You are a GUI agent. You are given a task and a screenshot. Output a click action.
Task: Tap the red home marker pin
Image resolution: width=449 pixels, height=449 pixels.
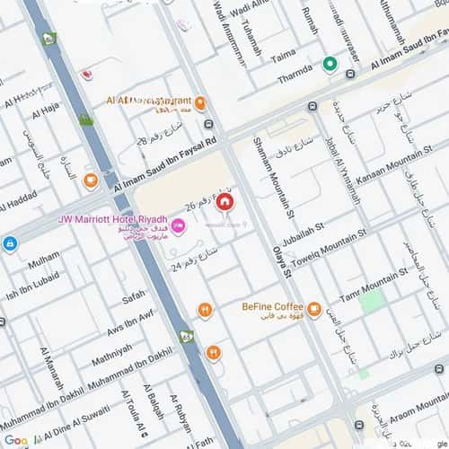pyautogui.click(x=224, y=201)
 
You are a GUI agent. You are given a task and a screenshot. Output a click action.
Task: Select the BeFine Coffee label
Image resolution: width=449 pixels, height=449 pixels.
pyautogui.click(x=272, y=306)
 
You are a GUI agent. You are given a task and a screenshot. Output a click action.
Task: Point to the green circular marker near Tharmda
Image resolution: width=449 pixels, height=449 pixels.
pyautogui.click(x=330, y=65)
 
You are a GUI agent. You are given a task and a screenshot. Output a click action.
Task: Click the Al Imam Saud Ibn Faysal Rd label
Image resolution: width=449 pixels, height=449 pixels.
pyautogui.click(x=165, y=164)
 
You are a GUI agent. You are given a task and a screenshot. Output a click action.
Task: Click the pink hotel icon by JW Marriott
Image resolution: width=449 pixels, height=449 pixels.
pyautogui.click(x=178, y=227)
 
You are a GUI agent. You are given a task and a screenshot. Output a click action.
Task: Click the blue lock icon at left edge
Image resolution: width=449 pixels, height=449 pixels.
pyautogui.click(x=10, y=243)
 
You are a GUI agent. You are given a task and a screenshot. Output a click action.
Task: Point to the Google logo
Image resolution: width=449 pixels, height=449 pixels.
pyautogui.click(x=15, y=440)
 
